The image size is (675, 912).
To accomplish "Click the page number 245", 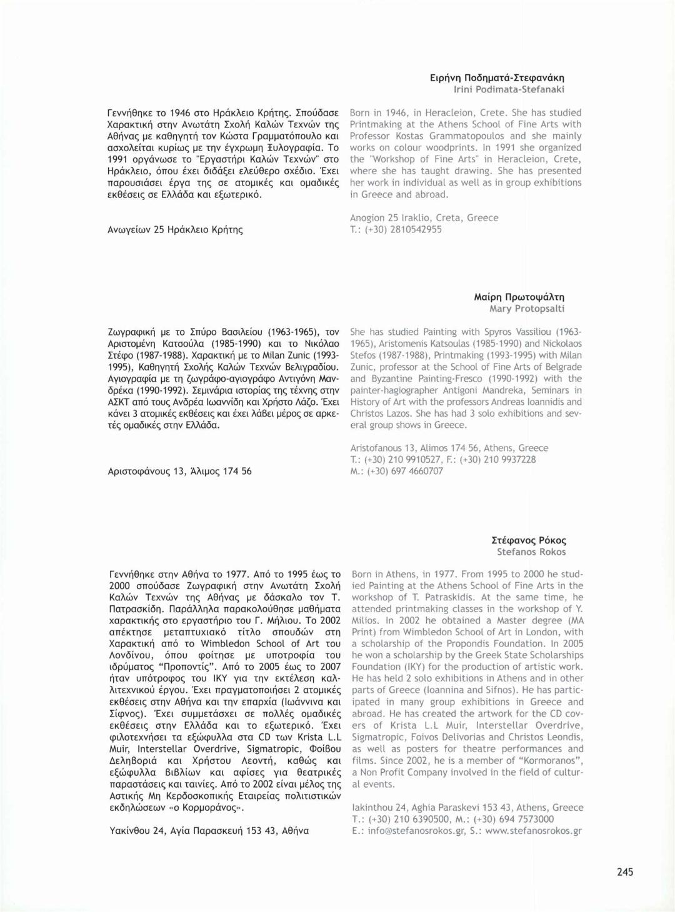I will [624, 871].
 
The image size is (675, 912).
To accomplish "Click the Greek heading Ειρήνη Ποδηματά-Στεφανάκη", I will [497, 78].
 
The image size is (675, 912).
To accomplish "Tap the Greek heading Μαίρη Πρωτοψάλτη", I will [519, 297].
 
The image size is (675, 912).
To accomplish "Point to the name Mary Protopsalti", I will [527, 309].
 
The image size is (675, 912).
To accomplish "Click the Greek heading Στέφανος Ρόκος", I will [529, 540].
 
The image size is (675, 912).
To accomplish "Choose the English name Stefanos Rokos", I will [531, 552].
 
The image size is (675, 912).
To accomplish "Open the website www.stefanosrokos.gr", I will [533, 831].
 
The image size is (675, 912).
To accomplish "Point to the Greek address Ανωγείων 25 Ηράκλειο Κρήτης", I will [175, 229].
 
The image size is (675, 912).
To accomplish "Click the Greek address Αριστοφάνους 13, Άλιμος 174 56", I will [179, 471].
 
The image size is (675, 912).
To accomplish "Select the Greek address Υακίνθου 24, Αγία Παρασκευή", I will [209, 831].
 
